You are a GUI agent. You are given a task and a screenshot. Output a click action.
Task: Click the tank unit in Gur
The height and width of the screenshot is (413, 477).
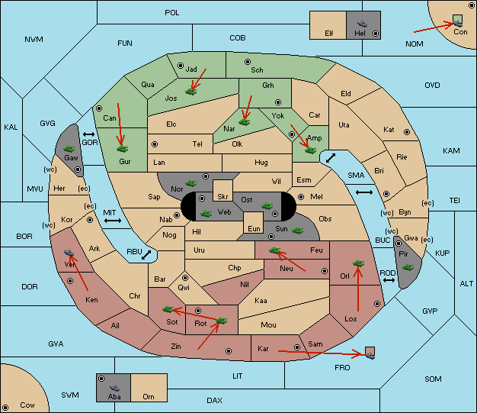click(x=122, y=149)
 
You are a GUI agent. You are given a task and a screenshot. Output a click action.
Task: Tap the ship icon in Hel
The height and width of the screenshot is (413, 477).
click(x=362, y=24)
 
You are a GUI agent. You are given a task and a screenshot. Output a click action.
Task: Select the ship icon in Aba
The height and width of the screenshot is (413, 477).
click(x=114, y=388)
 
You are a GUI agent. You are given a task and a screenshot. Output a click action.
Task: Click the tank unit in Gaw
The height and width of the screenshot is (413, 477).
click(x=69, y=149)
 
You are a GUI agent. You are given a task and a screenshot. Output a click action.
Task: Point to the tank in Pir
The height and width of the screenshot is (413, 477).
click(x=408, y=267)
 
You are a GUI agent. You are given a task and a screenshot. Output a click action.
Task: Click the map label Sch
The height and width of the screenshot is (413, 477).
click(x=257, y=70)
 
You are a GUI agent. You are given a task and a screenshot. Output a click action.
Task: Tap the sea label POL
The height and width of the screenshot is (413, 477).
click(x=172, y=13)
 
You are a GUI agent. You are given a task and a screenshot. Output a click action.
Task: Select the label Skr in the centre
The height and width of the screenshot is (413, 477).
click(x=222, y=197)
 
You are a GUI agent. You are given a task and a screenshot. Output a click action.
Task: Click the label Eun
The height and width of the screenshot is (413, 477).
click(x=254, y=228)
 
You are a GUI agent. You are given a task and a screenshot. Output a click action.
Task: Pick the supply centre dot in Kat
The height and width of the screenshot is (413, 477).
click(x=407, y=132)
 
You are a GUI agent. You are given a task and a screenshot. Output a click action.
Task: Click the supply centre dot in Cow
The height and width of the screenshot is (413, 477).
click(x=5, y=408)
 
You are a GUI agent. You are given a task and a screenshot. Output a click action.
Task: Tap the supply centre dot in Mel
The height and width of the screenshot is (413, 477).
click(x=301, y=197)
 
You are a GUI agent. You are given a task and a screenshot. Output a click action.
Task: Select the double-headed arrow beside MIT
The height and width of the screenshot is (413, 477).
click(x=113, y=221)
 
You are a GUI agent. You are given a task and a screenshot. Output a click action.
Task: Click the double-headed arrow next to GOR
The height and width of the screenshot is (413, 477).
click(x=89, y=134)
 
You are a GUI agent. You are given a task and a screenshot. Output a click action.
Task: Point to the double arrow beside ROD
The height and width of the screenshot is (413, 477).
click(x=389, y=280)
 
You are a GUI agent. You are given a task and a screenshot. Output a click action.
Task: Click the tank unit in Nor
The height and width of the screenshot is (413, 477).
click(x=190, y=183)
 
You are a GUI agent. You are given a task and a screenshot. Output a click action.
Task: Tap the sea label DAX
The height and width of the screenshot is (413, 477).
click(x=214, y=401)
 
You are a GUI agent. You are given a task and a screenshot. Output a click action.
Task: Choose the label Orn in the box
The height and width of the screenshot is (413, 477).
click(x=149, y=396)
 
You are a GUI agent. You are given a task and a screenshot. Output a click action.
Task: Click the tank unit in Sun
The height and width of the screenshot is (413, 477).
click(x=297, y=231)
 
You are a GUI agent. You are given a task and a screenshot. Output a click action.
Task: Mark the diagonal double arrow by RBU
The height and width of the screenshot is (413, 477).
click(x=146, y=255)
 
